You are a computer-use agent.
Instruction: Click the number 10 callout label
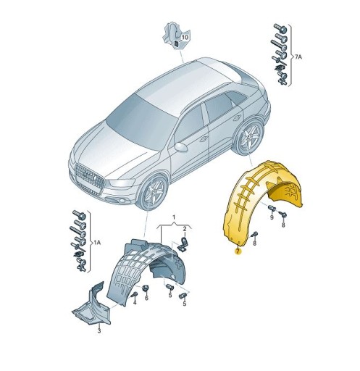pos(184,36)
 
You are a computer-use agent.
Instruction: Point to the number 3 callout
pos(99,330)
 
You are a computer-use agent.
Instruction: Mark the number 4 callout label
pos(134,302)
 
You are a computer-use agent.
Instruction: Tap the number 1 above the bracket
pos(174,217)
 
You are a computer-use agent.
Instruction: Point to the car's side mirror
pos(181,146)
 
